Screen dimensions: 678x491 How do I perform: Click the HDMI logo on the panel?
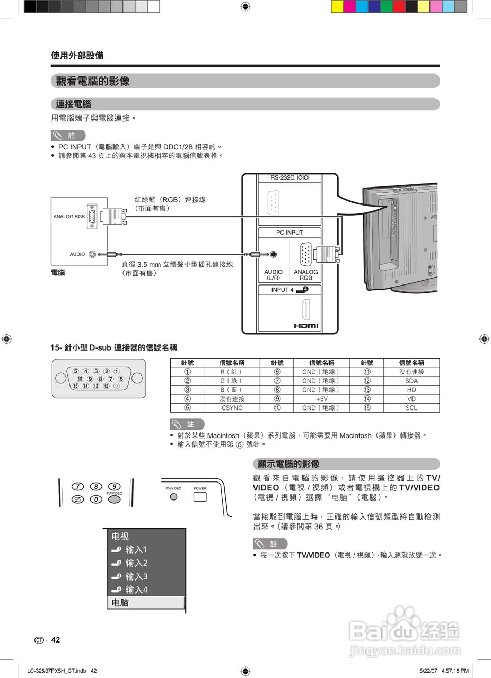(x=306, y=326)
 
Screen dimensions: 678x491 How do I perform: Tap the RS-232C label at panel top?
(x=290, y=178)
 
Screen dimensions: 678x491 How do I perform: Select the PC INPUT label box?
(x=290, y=233)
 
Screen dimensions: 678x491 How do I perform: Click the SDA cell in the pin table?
(x=411, y=381)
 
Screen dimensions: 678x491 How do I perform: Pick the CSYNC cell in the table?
(x=231, y=408)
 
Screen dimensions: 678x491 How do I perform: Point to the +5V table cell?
(x=321, y=399)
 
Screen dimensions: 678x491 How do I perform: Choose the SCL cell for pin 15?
(x=411, y=408)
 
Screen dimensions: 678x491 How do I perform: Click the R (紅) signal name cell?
(x=231, y=372)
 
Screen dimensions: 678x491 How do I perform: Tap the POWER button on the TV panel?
(x=200, y=497)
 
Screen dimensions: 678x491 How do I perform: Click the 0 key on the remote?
(x=96, y=499)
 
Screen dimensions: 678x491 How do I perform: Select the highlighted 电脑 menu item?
(x=146, y=603)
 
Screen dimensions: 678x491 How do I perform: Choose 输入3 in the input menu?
(x=136, y=576)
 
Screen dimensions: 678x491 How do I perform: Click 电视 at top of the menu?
(x=120, y=537)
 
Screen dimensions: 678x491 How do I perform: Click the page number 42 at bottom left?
(x=56, y=640)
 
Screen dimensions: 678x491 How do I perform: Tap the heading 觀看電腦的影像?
(x=93, y=81)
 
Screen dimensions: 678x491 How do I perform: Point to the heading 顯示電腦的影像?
(x=288, y=464)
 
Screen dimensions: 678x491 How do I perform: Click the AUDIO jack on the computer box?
(x=93, y=254)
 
